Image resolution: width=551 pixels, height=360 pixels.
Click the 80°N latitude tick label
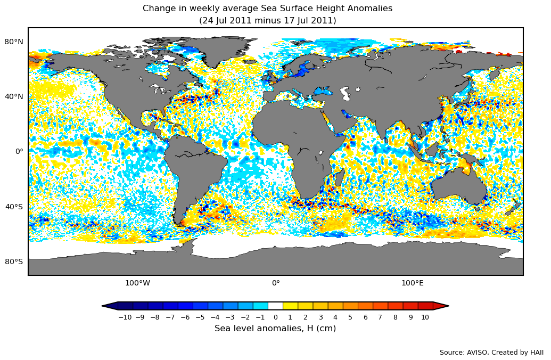14,42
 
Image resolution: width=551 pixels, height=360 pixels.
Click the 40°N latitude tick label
14,96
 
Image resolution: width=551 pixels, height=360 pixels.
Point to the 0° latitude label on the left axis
19,151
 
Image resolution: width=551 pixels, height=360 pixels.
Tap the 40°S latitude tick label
14,207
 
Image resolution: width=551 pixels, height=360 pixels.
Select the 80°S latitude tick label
14,261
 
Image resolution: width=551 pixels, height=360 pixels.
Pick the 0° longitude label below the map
276,283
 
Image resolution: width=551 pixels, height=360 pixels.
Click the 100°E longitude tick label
413,283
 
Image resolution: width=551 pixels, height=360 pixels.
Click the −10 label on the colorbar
125,317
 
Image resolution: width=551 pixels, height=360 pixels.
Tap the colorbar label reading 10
425,317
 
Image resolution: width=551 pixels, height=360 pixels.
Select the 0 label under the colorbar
275,317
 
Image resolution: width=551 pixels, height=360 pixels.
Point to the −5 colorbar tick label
200,317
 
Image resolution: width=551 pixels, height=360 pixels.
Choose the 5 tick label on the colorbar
350,317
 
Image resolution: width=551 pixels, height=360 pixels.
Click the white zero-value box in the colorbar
275,306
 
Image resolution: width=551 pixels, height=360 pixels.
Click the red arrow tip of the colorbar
441,306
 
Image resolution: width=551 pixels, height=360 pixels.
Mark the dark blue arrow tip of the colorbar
109,306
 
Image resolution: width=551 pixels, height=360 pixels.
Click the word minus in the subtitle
264,21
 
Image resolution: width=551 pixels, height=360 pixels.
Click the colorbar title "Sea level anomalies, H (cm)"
275,329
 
